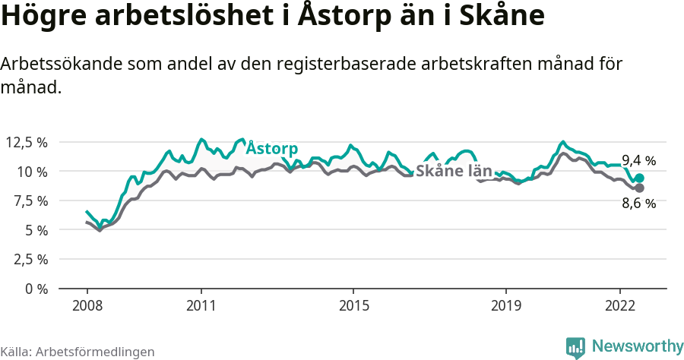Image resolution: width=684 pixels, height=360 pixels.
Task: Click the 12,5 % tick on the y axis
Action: (27, 142)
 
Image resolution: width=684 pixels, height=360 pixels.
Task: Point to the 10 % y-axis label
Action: (32, 172)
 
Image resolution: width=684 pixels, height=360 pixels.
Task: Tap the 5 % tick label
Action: (35, 230)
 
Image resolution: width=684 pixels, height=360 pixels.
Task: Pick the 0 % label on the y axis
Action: (35, 289)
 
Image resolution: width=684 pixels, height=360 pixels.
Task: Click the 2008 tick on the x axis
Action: (87, 305)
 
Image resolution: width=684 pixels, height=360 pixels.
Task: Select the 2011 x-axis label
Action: (201, 305)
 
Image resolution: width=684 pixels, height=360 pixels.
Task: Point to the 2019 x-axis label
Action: (505, 305)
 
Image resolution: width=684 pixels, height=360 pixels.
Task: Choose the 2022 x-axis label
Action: (620, 305)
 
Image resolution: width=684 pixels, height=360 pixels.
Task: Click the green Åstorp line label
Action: (271, 148)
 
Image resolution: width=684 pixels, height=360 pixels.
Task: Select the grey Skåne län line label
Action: (454, 171)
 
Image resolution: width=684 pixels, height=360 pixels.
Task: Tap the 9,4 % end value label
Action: (638, 160)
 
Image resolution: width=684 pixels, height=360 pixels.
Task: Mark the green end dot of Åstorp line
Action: (639, 178)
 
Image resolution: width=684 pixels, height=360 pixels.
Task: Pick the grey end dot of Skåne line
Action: (639, 188)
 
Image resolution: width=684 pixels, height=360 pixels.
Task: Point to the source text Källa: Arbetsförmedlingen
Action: (78, 352)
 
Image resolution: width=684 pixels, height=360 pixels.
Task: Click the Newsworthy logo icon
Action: (575, 348)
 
